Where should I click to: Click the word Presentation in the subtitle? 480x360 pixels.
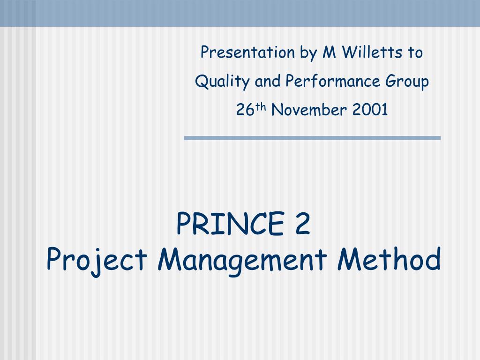point(247,52)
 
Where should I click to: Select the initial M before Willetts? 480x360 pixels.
point(330,52)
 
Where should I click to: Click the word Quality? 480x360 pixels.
point(222,82)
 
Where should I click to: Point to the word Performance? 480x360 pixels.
point(333,81)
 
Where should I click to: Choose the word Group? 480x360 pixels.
point(407,82)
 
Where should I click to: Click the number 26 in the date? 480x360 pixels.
point(245,110)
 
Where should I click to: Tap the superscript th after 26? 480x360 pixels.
point(261,107)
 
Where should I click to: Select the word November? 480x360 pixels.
point(309,110)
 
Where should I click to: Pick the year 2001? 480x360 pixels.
point(370,110)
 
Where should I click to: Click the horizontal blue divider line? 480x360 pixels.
point(312,138)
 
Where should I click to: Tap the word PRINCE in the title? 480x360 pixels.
point(231,224)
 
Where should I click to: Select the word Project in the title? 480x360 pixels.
point(97,260)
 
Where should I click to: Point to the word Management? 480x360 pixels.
point(242,260)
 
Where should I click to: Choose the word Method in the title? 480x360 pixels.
point(389,259)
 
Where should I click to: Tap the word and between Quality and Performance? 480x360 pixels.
point(268,81)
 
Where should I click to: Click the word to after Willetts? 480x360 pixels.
point(415,52)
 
